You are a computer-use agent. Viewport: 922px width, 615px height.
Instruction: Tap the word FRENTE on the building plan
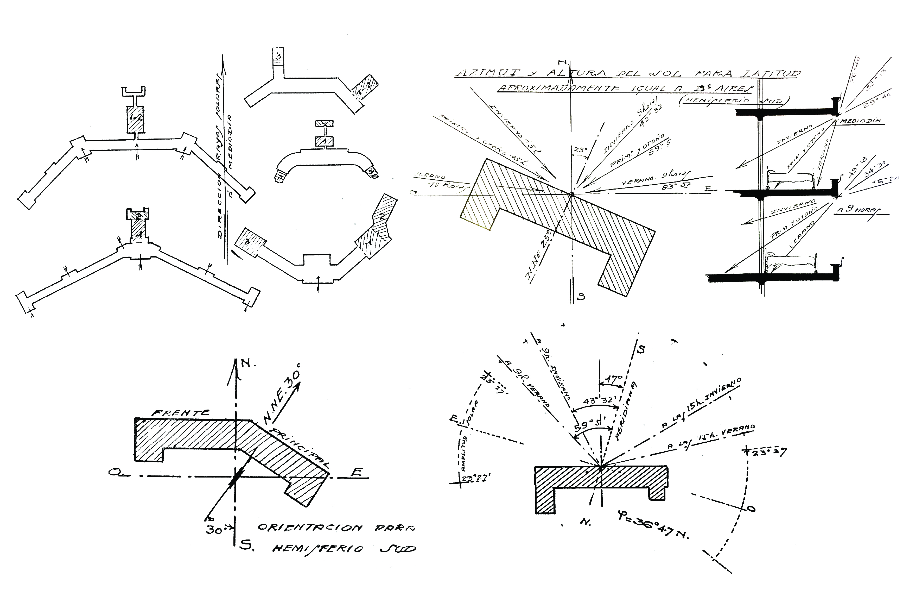[181, 413]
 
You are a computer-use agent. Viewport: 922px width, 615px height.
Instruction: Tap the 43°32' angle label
[597, 401]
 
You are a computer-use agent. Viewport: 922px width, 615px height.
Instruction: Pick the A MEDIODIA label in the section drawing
[859, 121]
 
